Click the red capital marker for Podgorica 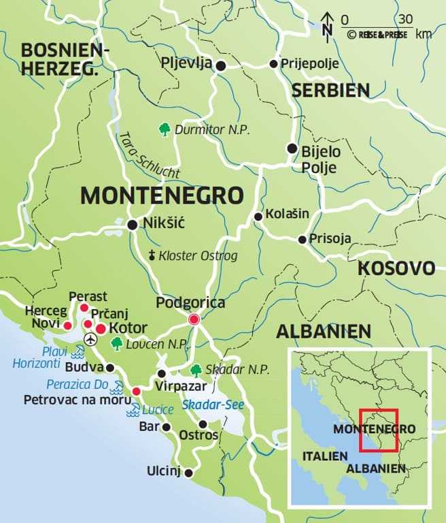point(194,319)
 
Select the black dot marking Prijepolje point(273,64)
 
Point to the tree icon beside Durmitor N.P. point(163,128)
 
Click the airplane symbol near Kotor point(90,338)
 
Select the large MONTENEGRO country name point(162,195)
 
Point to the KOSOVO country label point(396,268)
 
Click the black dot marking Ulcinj point(189,473)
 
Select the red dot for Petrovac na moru point(136,392)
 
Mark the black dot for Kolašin point(258,217)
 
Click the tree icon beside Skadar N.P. point(196,370)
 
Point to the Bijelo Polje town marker point(292,148)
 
